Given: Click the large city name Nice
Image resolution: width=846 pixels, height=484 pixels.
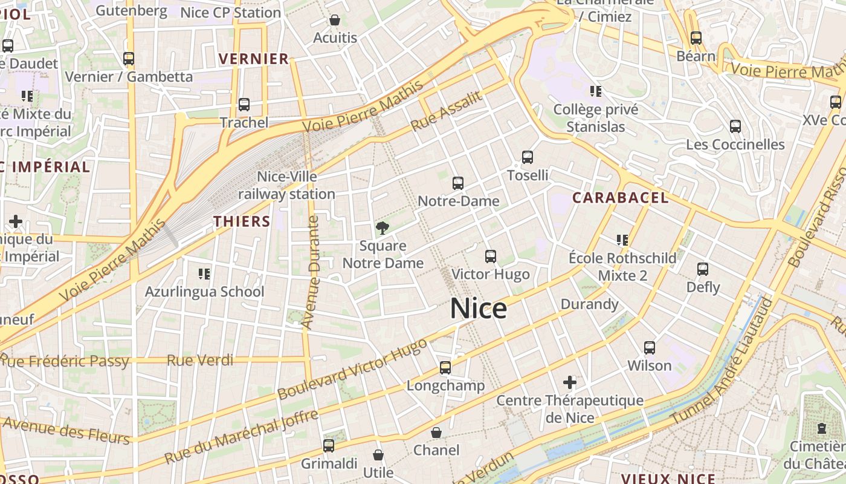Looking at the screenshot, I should tap(479, 309).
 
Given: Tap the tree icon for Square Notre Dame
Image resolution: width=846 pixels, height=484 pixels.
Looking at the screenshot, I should tap(382, 228).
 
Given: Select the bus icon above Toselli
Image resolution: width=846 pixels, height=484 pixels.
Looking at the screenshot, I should tap(528, 157).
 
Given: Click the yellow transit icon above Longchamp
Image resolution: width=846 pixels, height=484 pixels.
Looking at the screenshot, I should tap(445, 367).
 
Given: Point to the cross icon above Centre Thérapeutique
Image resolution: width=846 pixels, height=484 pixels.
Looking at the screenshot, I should tap(569, 382).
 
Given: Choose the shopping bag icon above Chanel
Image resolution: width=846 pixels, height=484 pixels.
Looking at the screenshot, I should tap(436, 433).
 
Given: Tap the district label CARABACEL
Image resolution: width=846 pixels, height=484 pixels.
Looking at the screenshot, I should tap(621, 198).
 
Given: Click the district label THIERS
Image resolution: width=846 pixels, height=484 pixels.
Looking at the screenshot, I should tap(242, 221).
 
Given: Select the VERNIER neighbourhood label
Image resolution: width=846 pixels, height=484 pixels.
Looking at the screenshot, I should tap(254, 59).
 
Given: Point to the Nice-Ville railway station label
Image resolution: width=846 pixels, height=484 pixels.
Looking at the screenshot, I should tap(287, 185).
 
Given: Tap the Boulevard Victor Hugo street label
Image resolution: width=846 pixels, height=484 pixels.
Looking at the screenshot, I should tap(352, 370).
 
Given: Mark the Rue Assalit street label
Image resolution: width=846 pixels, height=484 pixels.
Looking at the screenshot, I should tap(447, 111).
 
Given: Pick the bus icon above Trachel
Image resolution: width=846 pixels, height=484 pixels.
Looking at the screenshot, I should tap(244, 105).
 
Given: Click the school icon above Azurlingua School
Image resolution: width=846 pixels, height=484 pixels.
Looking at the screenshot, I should tap(204, 274).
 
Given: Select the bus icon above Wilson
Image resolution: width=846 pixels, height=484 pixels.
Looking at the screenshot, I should tap(650, 348).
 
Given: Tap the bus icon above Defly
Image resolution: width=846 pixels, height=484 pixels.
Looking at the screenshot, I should tap(703, 269).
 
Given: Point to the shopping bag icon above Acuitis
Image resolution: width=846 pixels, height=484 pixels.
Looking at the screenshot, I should tap(335, 21).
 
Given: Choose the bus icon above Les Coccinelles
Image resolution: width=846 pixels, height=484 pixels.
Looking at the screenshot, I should tap(735, 126).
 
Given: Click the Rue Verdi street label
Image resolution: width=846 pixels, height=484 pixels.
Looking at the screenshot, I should tap(200, 361).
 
